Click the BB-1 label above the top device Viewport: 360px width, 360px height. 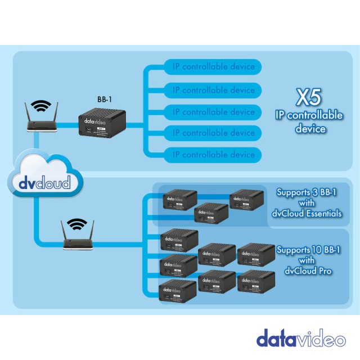(105, 98)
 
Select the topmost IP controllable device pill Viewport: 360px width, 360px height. (213, 67)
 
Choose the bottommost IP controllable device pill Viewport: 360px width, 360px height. (213, 155)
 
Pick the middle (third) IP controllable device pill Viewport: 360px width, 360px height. (213, 111)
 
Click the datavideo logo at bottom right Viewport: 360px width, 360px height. (301, 339)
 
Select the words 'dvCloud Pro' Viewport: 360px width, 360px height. (307, 271)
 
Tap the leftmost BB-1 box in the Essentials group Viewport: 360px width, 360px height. (179, 200)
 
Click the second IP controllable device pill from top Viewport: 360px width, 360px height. (213, 90)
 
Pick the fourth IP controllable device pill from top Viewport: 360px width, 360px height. (213, 133)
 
